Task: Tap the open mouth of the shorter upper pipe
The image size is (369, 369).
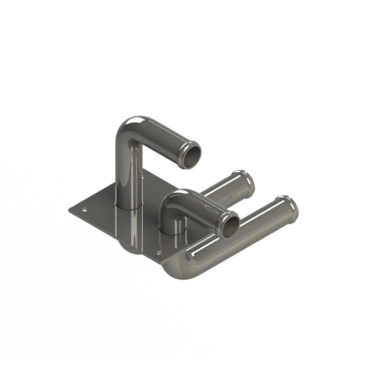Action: point(231,225)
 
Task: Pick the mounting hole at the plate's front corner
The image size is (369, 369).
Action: point(159,253)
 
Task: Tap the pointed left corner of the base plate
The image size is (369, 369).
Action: point(69,210)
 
